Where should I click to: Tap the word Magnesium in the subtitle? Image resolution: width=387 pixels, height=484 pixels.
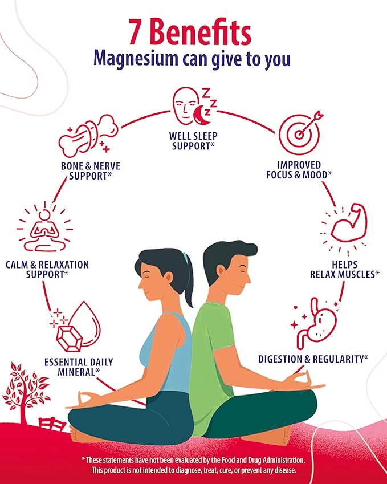click(x=136, y=58)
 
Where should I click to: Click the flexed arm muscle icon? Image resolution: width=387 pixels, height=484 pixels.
click(x=345, y=229)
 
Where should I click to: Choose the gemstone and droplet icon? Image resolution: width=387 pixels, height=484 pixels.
click(x=76, y=327)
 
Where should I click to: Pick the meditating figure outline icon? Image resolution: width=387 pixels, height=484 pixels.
click(x=45, y=226)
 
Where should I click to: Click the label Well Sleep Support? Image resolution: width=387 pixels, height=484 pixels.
click(x=193, y=141)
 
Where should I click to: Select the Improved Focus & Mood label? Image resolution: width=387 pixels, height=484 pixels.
click(x=299, y=170)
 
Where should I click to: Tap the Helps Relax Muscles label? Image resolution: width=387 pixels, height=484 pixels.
click(x=345, y=270)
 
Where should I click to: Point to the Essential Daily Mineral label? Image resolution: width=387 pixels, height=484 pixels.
click(x=79, y=367)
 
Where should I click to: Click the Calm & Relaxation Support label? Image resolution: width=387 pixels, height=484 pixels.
click(x=47, y=270)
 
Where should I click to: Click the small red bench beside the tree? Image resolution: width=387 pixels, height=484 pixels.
click(x=52, y=424)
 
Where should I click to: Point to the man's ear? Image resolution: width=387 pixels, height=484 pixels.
click(x=220, y=271)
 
